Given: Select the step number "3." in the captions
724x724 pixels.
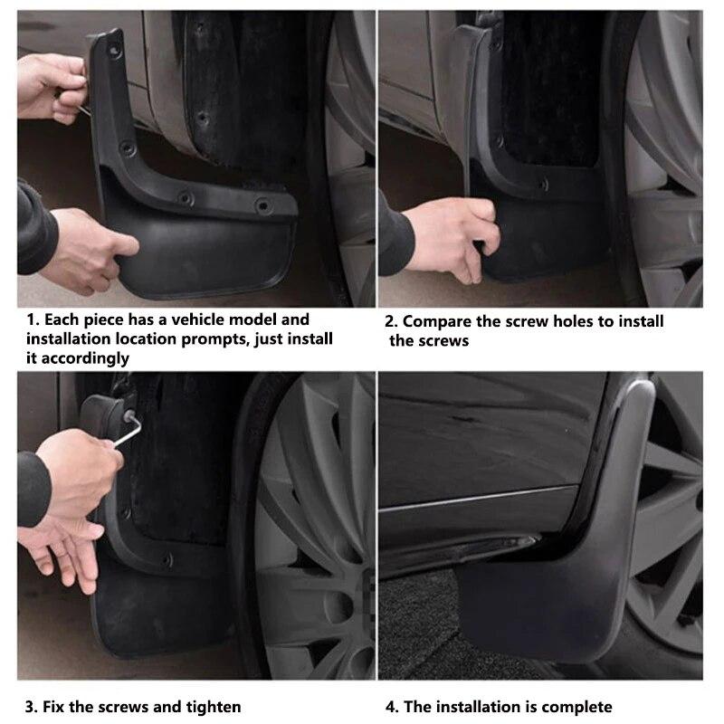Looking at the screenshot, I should point(32,707).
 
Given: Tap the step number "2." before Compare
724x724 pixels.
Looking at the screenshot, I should point(391,321).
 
